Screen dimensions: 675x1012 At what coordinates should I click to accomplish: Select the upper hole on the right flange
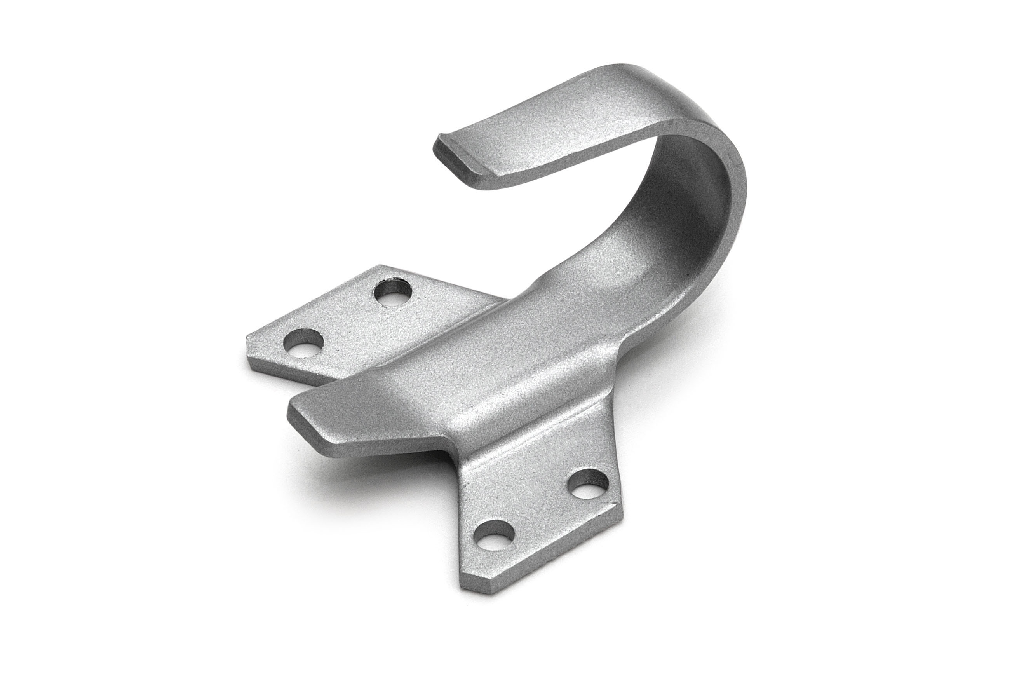click(x=589, y=485)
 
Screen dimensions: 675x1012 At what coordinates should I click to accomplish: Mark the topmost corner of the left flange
click(x=379, y=266)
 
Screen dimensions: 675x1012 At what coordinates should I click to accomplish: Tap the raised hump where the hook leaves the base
click(x=555, y=284)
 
